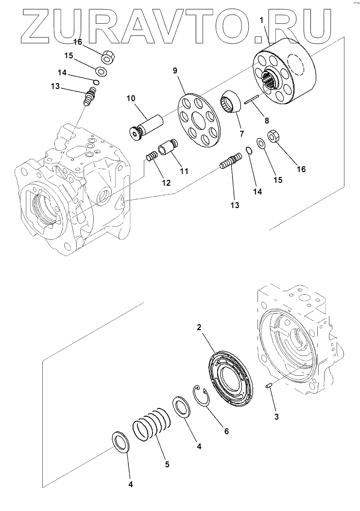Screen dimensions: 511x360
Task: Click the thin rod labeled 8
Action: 253,101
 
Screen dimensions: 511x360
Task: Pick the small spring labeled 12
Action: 153,158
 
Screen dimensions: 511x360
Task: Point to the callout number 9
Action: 175,70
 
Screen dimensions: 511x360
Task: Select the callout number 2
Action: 199,328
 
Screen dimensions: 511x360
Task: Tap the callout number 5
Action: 167,464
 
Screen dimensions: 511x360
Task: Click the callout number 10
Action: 131,98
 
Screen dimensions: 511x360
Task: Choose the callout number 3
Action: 276,416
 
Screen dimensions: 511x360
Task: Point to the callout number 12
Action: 166,183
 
